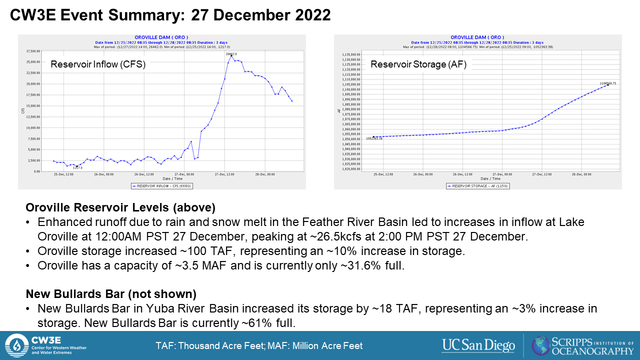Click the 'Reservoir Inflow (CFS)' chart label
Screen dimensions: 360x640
tap(98, 64)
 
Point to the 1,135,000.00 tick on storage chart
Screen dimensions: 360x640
tap(348, 54)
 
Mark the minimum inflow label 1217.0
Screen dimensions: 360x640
tap(77, 168)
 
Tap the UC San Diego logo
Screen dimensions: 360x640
tap(478, 345)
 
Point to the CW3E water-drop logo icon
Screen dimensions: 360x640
tap(17, 345)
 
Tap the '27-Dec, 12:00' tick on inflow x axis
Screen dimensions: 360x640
tap(224, 174)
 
